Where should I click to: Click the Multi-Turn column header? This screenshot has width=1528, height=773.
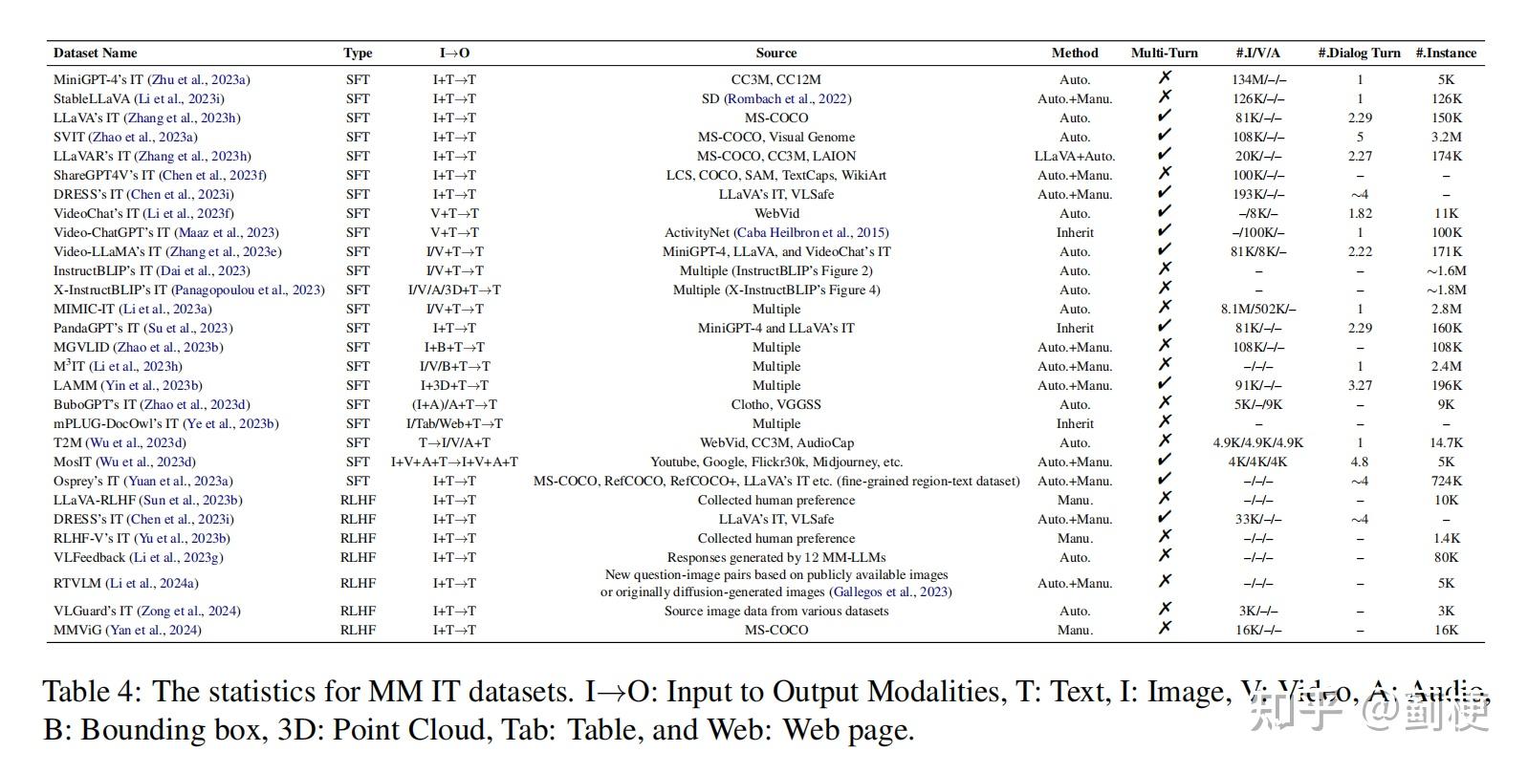(1164, 54)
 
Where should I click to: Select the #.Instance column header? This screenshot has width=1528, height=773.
(1446, 54)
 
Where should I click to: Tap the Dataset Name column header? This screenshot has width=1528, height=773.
(95, 54)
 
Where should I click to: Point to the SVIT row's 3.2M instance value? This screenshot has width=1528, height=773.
(1446, 137)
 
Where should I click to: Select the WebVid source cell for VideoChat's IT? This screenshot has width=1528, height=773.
(775, 213)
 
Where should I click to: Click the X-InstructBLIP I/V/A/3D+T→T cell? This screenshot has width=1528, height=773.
(454, 290)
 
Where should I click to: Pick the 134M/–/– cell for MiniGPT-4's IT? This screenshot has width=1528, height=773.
(1258, 79)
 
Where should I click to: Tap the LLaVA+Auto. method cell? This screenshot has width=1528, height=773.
(1075, 156)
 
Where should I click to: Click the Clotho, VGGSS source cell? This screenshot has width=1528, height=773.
(775, 404)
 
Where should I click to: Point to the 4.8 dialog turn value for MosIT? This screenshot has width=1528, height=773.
(1359, 462)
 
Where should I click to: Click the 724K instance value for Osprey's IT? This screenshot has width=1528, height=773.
(1446, 481)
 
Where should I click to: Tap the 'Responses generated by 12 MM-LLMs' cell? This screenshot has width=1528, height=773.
(775, 557)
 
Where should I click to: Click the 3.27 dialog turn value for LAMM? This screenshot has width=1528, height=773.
(1359, 385)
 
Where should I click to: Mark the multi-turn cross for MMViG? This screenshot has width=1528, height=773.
(1165, 628)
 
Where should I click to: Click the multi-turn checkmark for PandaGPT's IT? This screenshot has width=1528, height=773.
(1165, 327)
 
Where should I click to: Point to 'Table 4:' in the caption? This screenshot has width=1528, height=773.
(92, 693)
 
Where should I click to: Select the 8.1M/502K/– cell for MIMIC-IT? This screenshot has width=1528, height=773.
(1258, 309)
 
